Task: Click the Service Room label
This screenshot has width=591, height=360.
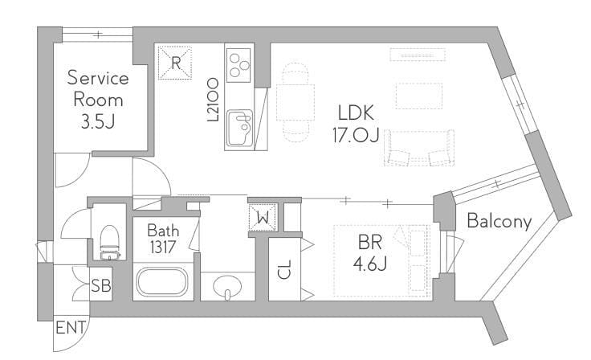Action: click(98, 88)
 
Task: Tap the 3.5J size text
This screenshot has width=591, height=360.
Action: click(98, 122)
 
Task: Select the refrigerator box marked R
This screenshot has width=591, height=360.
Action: click(175, 63)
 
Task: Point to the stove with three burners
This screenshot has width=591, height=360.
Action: click(238, 65)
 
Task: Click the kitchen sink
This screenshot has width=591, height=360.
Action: click(239, 128)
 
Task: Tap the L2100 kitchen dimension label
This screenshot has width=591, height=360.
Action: click(213, 100)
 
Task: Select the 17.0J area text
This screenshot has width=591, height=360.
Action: click(356, 135)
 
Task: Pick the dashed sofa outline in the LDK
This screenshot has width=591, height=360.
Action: click(418, 148)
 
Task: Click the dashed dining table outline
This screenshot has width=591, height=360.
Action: click(295, 102)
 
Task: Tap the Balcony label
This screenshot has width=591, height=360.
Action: click(499, 221)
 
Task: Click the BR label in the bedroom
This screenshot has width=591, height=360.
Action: click(369, 242)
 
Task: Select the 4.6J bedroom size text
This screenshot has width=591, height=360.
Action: click(369, 264)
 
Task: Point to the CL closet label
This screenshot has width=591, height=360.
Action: click(284, 269)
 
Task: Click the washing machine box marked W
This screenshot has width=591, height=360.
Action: click(263, 217)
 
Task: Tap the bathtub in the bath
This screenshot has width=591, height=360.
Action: click(162, 282)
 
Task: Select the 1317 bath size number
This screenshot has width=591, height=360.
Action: click(163, 247)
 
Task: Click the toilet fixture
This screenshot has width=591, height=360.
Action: click(110, 242)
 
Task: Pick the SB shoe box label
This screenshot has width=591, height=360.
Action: click(101, 285)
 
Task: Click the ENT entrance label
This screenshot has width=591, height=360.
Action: click(71, 328)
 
